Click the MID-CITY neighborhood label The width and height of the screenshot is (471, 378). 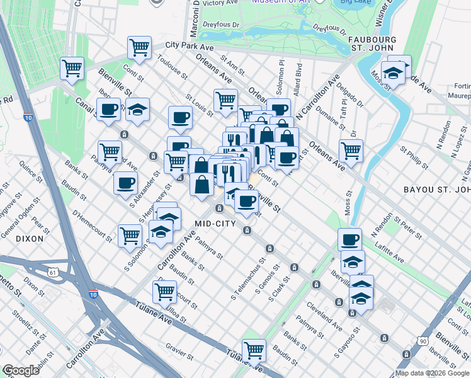tap(215, 224)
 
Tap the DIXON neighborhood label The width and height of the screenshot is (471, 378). tap(30, 239)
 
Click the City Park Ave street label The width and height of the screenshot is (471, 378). tap(190, 46)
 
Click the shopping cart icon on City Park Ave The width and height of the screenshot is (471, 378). tap(139, 47)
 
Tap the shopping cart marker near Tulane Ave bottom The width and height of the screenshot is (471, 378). tap(254, 350)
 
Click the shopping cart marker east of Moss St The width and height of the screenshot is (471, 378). tap(351, 151)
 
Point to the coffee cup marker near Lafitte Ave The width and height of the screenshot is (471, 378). tap(349, 239)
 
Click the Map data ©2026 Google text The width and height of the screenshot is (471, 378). tap(432, 373)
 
